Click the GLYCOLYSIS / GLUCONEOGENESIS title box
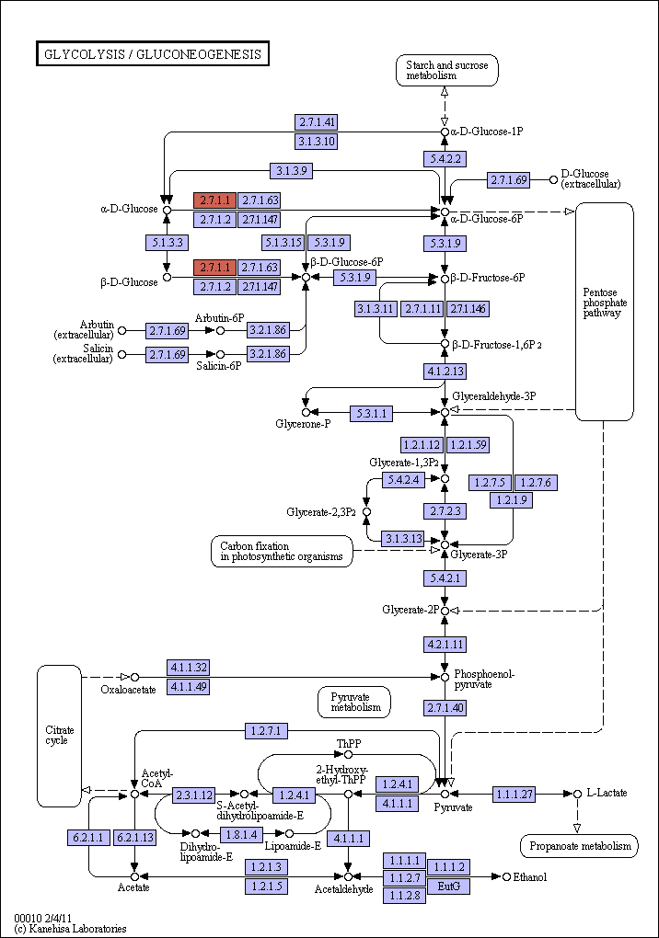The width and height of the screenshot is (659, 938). click(x=153, y=54)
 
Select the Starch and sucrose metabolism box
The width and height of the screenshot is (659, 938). click(x=446, y=70)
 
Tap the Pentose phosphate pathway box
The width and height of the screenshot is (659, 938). click(x=605, y=312)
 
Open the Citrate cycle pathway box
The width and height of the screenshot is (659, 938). click(x=59, y=736)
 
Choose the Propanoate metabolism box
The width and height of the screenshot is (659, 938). click(x=580, y=846)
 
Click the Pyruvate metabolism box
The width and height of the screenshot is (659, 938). click(x=354, y=702)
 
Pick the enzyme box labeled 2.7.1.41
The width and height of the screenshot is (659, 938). click(x=317, y=122)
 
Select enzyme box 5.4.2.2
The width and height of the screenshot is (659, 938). click(x=445, y=159)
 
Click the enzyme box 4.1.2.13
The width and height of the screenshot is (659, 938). click(x=445, y=371)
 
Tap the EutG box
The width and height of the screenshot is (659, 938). click(x=448, y=886)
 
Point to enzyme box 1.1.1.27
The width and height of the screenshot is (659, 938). click(x=514, y=794)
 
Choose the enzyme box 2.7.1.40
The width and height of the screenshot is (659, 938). click(x=445, y=708)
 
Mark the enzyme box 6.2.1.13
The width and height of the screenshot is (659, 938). click(x=135, y=838)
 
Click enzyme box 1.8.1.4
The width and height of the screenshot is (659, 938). click(x=242, y=834)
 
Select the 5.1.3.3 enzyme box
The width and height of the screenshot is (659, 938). click(x=167, y=242)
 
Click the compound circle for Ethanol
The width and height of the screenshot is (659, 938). click(x=507, y=876)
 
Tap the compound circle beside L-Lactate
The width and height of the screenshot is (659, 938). click(x=578, y=794)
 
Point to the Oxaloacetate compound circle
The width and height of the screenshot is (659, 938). click(x=134, y=677)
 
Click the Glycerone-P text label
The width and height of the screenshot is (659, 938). click(x=303, y=424)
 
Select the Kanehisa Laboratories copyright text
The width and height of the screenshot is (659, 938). click(x=71, y=929)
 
